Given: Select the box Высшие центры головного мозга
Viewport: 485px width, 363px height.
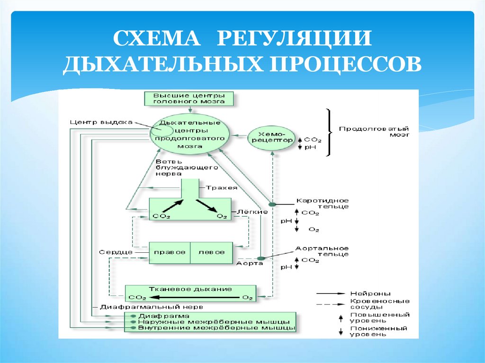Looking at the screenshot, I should click(189, 98).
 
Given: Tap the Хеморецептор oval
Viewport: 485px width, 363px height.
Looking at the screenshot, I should click(271, 137).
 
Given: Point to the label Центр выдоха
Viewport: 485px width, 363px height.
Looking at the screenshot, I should click(100, 122).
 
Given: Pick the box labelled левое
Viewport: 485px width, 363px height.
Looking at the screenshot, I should click(212, 252).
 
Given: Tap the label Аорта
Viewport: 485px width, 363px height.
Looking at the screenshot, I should click(249, 263).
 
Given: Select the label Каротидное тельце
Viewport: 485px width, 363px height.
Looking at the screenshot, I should click(322, 203).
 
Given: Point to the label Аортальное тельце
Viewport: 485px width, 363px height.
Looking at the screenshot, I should click(322, 251).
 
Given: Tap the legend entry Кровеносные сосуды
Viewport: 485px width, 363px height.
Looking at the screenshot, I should click(379, 304).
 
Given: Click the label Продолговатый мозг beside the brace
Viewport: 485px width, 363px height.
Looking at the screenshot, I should click(374, 131).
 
